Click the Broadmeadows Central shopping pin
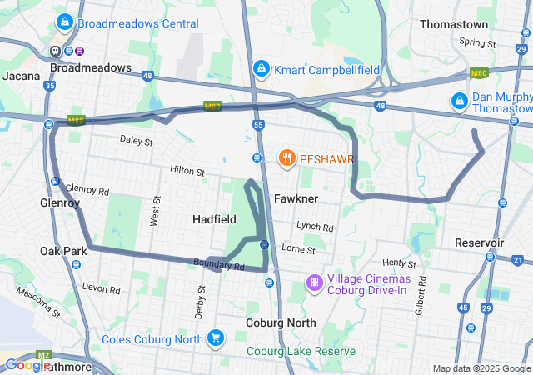point(63,22)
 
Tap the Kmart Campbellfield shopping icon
point(261,67)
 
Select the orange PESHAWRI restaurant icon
point(286,157)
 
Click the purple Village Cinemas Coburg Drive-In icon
point(314,283)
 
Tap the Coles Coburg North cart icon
point(216,338)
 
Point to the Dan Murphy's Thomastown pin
point(458,101)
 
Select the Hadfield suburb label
point(214,218)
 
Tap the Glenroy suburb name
point(60,202)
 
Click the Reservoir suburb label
point(480,242)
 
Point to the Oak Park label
point(63,250)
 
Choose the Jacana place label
point(21,76)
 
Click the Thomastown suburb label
point(453,24)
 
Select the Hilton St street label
point(187,171)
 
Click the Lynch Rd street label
point(315,227)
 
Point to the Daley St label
point(137,142)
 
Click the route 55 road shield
point(258,124)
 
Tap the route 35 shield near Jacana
point(50,85)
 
